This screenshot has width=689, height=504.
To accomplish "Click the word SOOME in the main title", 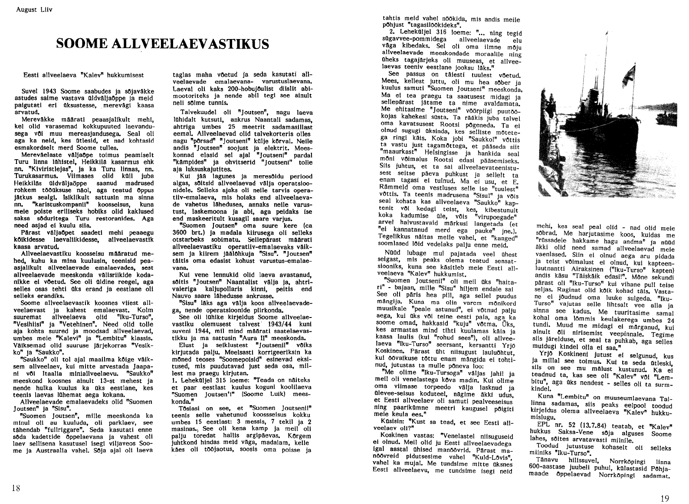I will point(83,44).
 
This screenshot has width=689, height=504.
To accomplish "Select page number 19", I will point(664,498).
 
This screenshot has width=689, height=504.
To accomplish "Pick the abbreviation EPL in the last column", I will point(543,421).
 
